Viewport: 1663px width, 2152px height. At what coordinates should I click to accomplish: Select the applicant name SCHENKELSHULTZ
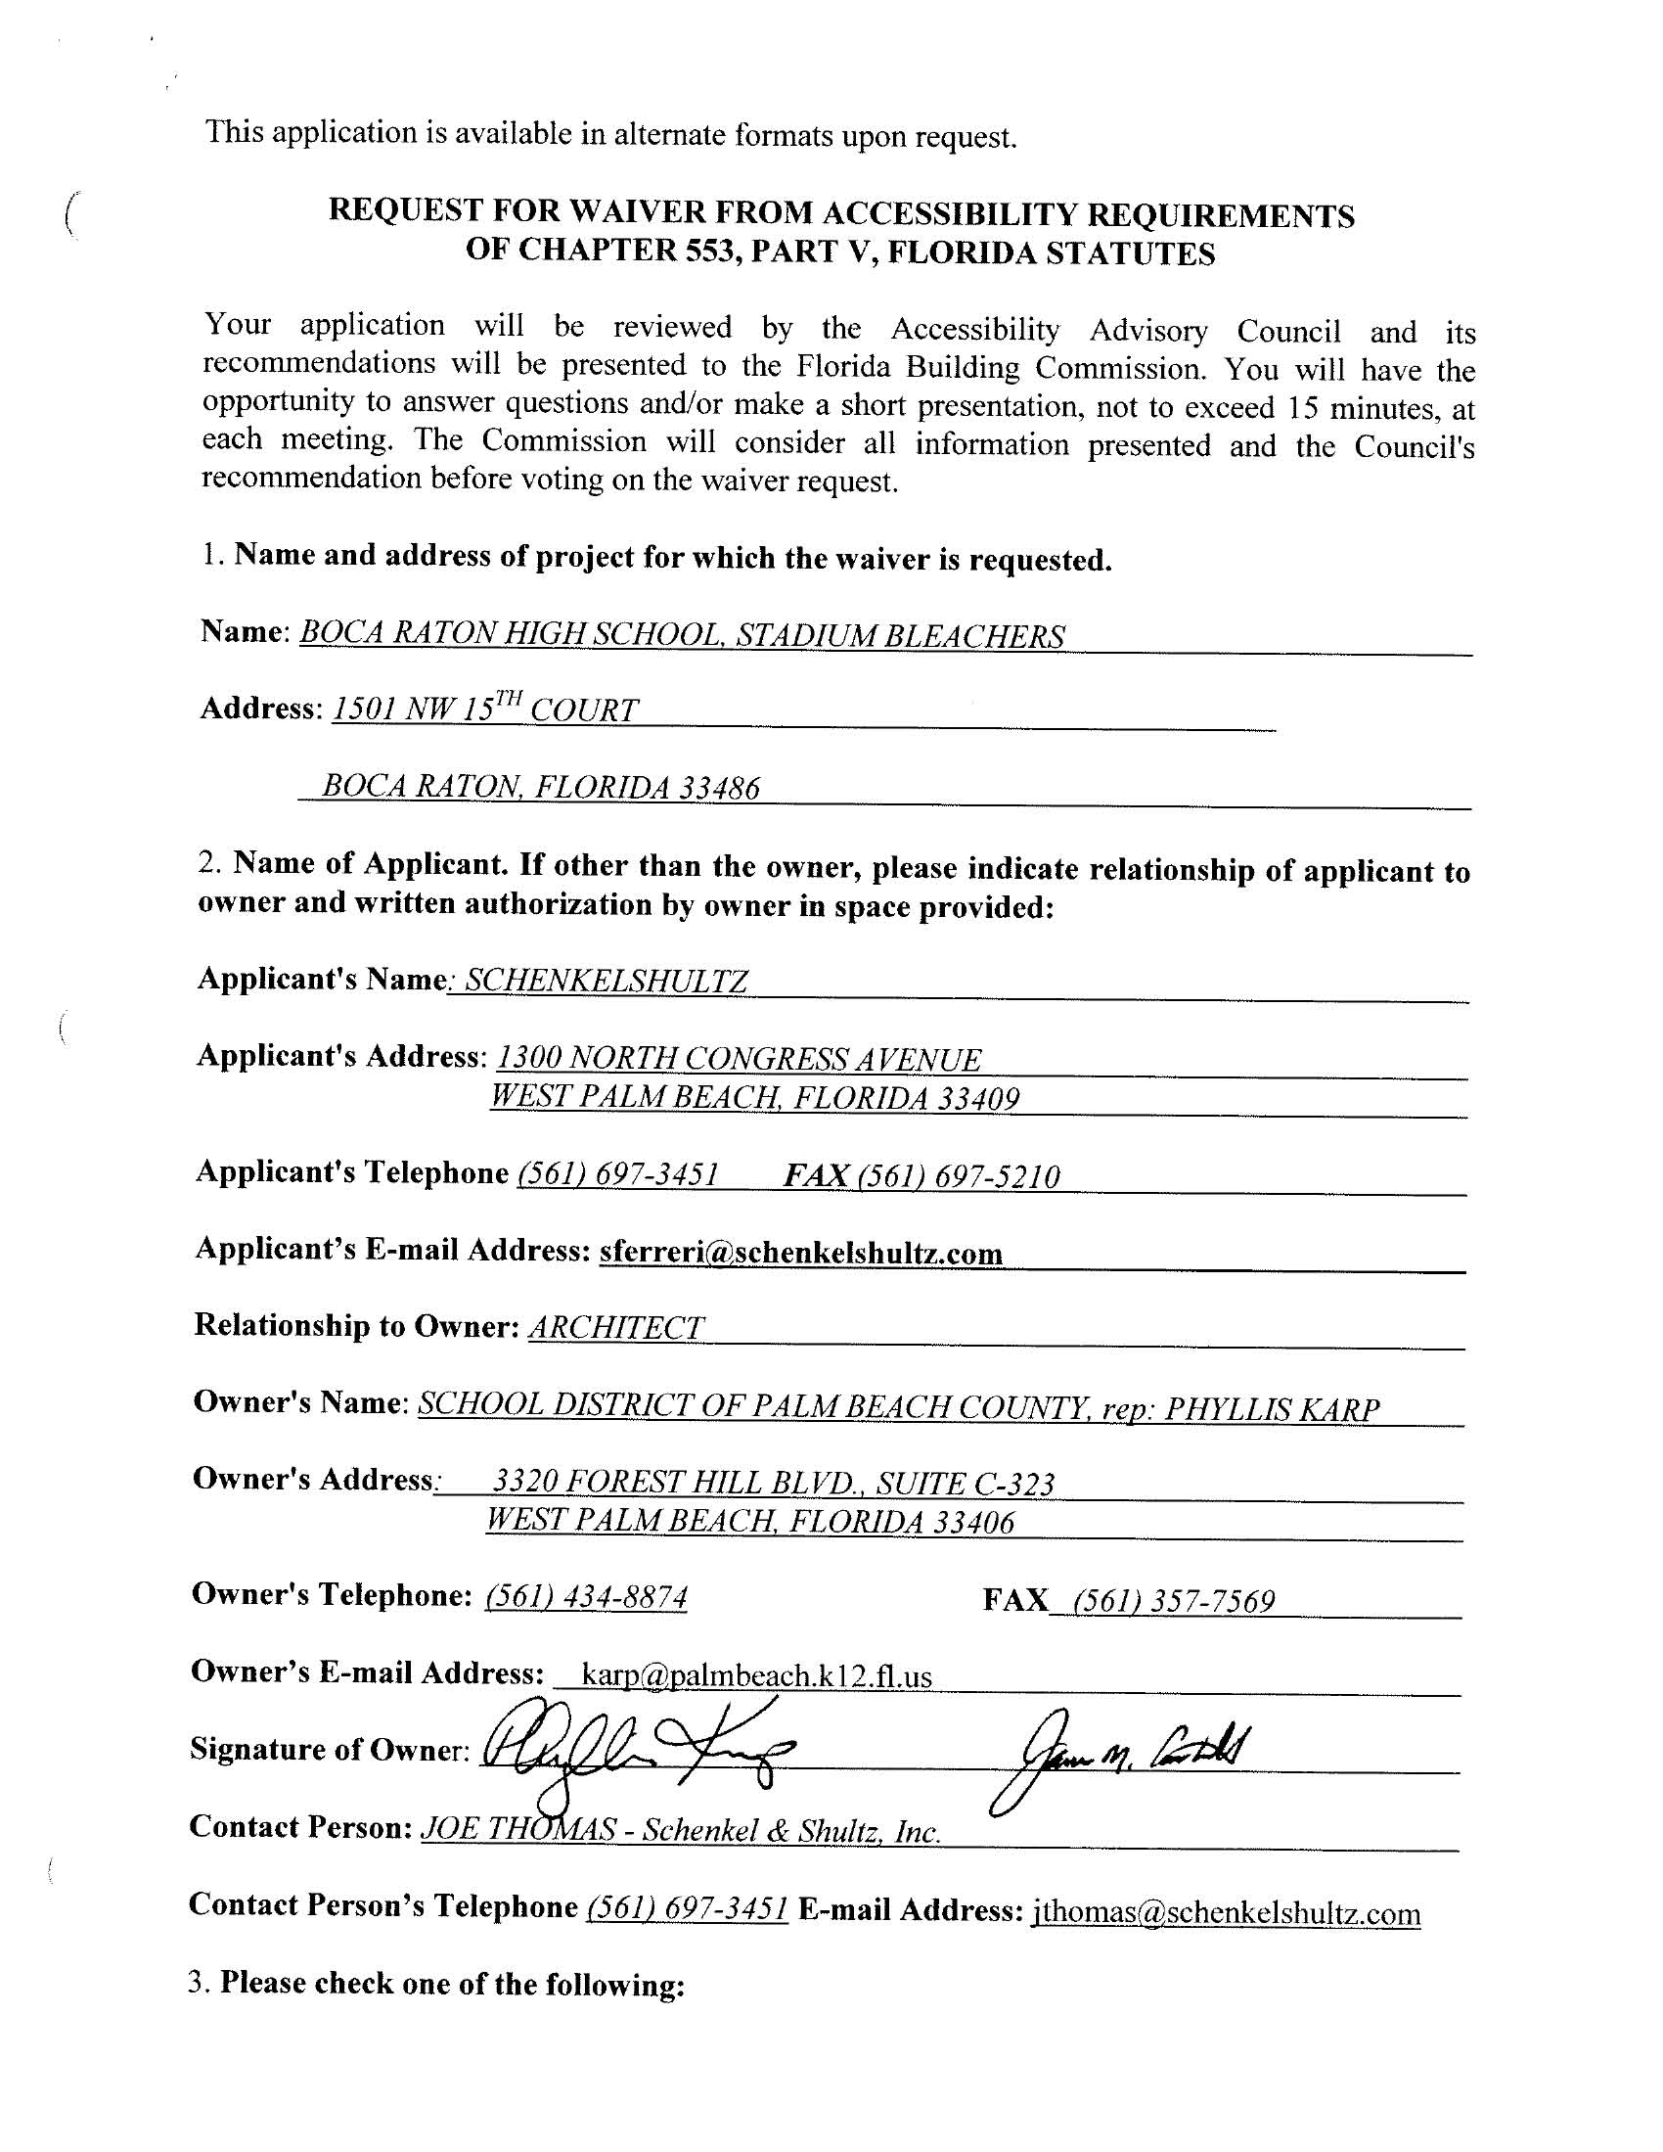(606, 981)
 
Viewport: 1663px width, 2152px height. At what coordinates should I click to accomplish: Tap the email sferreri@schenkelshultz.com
(800, 1253)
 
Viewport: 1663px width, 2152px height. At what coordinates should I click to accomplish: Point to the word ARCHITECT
(616, 1328)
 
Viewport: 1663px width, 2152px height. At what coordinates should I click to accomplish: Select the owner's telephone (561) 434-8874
(587, 1597)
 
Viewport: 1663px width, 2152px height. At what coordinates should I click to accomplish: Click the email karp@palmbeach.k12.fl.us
(755, 1675)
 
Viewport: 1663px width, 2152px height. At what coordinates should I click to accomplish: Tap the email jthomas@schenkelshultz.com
(1226, 1913)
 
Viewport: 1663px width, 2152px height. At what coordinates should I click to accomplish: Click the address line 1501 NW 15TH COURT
(486, 710)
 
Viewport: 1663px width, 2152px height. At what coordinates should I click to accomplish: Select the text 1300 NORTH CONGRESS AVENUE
(739, 1059)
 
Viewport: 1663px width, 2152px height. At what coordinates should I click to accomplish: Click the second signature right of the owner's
(1123, 1754)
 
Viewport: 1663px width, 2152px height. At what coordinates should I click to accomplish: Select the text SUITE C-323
(966, 1483)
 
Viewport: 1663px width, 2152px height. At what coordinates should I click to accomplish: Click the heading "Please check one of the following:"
(451, 1984)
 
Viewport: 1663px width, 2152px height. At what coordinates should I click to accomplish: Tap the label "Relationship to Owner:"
(356, 1325)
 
